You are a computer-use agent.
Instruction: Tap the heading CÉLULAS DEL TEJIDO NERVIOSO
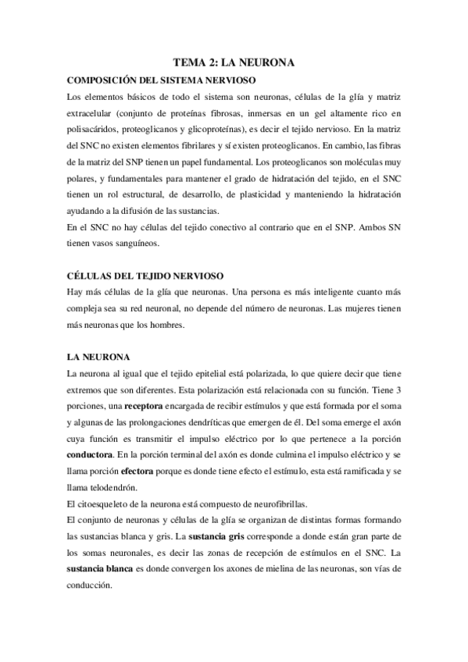(x=145, y=276)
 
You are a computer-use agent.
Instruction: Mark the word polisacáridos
(x=96, y=130)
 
